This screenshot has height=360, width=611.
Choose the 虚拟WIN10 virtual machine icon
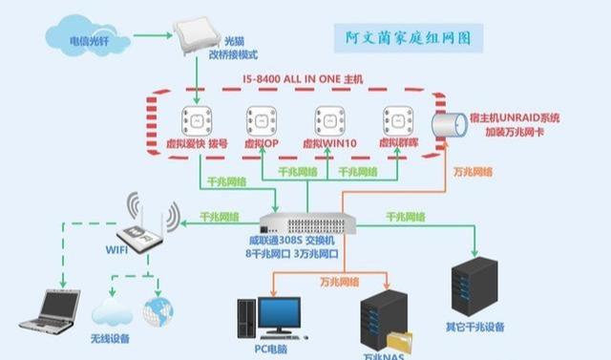pyautogui.click(x=329, y=121)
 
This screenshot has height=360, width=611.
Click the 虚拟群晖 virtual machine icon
pyautogui.click(x=396, y=121)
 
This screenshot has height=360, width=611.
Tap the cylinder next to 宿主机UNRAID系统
pyautogui.click(x=447, y=124)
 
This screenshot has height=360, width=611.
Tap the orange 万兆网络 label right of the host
pyautogui.click(x=474, y=172)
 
